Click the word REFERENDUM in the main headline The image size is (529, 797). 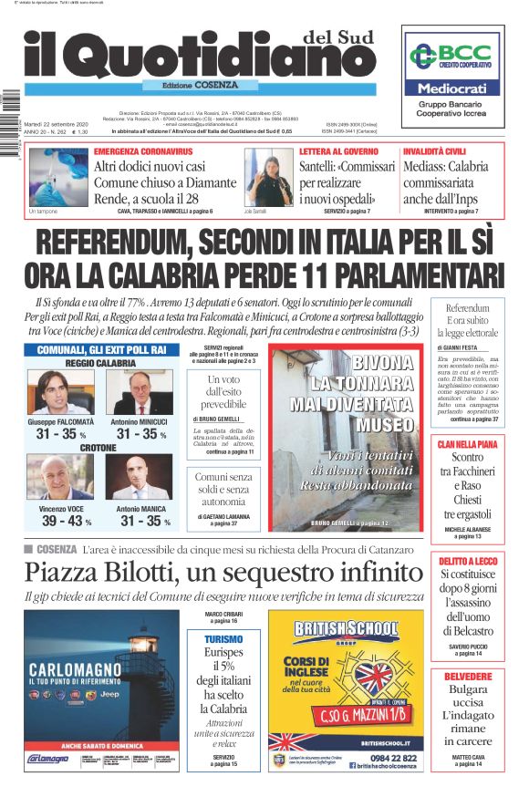[127, 244]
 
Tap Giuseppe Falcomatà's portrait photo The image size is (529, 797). [57, 393]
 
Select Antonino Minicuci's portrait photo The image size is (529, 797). [139, 393]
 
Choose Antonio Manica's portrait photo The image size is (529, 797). [139, 477]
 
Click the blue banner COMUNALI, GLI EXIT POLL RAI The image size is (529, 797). [101, 349]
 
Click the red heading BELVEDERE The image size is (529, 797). [467, 676]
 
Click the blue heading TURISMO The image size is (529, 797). [223, 640]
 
